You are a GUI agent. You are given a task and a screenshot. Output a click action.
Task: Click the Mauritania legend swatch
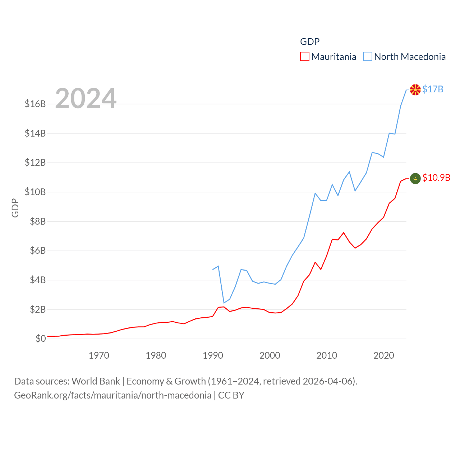tap(305, 57)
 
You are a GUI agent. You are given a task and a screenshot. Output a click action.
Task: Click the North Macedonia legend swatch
tap(367, 57)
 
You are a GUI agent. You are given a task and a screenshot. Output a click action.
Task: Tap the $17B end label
tap(433, 89)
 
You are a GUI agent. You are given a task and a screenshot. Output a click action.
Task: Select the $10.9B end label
tap(436, 178)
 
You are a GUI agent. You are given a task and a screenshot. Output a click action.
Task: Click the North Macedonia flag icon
tap(415, 90)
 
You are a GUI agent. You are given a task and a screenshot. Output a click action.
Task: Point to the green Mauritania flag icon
tap(415, 178)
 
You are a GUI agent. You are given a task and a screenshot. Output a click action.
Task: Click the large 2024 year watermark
tap(86, 98)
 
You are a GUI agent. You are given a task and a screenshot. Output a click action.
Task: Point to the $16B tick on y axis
tap(35, 104)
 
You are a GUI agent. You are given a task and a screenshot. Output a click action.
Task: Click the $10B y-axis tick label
tap(35, 192)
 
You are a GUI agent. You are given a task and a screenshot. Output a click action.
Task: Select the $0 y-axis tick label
tap(41, 339)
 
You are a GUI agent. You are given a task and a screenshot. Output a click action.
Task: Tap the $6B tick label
tap(38, 250)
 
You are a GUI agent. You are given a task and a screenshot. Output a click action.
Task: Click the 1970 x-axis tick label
tap(99, 355)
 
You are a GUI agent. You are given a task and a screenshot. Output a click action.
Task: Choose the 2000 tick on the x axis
tap(270, 355)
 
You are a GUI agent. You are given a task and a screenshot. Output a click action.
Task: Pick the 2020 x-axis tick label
tap(384, 355)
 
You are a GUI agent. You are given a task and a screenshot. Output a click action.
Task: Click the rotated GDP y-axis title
tap(15, 208)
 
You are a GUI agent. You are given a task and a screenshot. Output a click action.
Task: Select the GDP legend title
tap(310, 42)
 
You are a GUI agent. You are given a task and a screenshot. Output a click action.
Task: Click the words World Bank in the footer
tap(96, 381)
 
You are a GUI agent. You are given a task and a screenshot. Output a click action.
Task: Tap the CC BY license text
tap(231, 395)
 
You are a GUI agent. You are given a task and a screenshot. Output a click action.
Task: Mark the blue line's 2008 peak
tap(315, 193)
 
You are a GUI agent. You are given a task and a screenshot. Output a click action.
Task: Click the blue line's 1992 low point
tap(224, 303)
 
